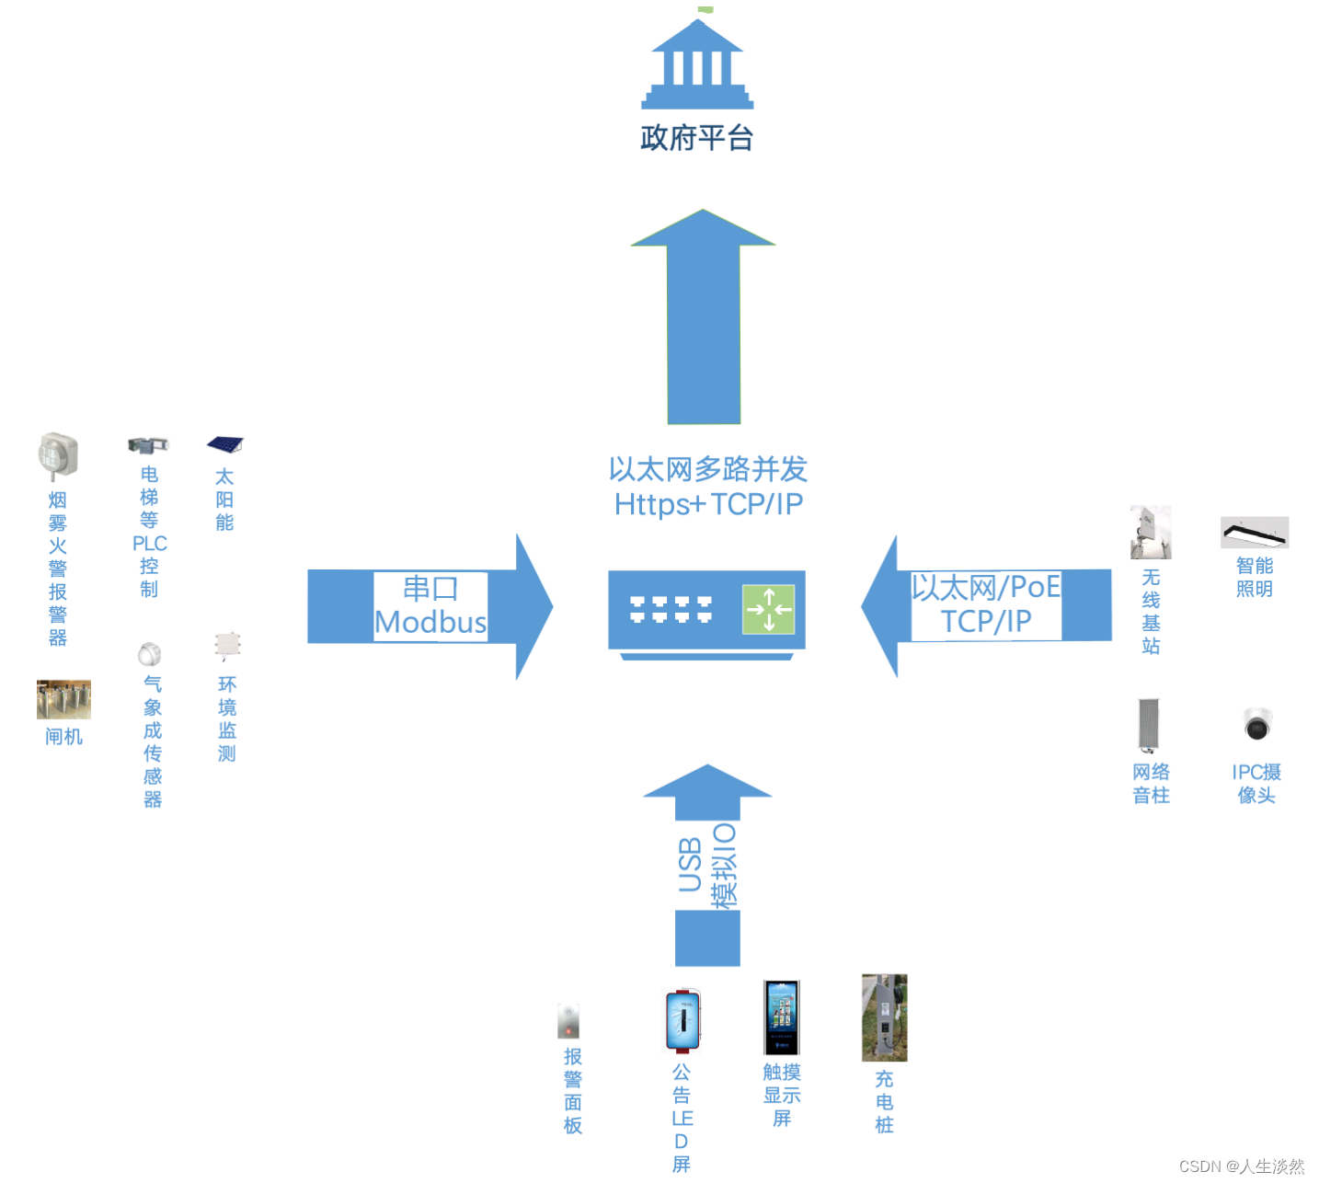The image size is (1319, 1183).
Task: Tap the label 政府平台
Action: point(697,138)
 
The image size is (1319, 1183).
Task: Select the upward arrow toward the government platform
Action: point(704,317)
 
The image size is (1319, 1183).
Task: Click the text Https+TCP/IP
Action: point(708,504)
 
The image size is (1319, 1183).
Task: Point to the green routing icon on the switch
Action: point(768,609)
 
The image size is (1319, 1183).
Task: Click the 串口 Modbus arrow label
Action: point(430,606)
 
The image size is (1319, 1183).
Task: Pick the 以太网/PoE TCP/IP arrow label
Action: point(986,604)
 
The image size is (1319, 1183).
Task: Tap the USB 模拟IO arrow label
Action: point(707,865)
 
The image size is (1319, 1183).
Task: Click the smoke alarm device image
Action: point(58,455)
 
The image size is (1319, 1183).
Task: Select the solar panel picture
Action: point(224,446)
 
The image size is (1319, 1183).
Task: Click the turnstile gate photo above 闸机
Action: point(63,699)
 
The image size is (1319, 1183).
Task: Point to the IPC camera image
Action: point(1256,724)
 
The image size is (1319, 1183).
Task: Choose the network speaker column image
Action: point(1148,725)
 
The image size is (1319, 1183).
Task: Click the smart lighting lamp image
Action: point(1255,532)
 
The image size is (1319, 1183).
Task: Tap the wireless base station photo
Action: point(1151,532)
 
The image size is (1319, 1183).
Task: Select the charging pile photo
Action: point(884,1017)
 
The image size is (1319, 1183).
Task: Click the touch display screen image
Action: point(781,1017)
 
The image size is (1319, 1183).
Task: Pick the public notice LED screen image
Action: point(682,1020)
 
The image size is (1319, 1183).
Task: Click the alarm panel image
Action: point(568,1021)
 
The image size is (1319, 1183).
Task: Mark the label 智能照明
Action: point(1255,577)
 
